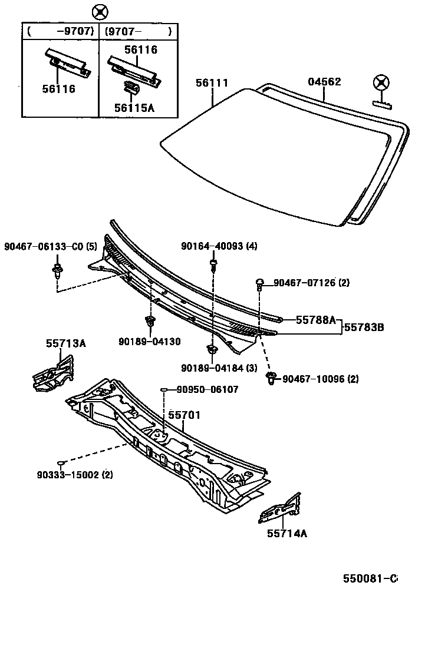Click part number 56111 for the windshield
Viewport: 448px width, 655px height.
(212, 84)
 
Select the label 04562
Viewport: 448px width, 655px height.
(324, 82)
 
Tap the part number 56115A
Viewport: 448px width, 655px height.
(134, 108)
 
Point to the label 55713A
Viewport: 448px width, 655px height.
(66, 343)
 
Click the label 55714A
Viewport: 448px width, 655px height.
(287, 534)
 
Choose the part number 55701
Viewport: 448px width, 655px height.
(185, 415)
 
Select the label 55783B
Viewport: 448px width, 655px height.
(364, 326)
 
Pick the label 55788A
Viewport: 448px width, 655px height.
(315, 320)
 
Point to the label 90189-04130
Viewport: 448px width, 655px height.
(149, 341)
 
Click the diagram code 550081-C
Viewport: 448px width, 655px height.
(371, 579)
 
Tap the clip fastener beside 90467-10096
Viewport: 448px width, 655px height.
(272, 378)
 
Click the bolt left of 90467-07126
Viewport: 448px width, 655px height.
(259, 284)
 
